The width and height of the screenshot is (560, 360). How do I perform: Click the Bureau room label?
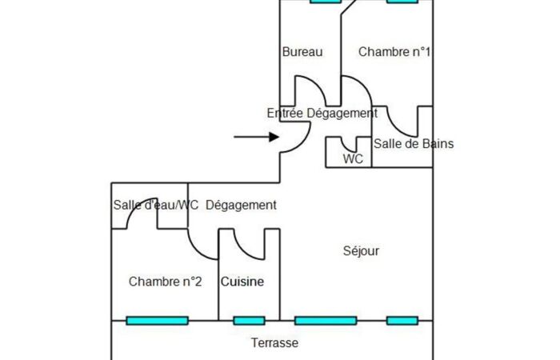(x=302, y=52)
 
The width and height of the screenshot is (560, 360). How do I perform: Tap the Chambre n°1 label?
(x=394, y=52)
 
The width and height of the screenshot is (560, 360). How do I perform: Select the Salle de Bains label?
(x=414, y=143)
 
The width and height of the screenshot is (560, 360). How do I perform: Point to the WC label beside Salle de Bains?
(x=353, y=159)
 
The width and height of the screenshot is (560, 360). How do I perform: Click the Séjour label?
(x=361, y=250)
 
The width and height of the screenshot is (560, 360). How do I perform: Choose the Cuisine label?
(x=242, y=282)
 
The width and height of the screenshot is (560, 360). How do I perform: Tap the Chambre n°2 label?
(x=165, y=282)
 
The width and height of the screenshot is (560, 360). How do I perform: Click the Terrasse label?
(x=274, y=343)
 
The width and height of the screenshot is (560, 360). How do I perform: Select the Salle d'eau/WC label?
(x=156, y=205)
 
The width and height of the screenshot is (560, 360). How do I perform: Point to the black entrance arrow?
(x=257, y=137)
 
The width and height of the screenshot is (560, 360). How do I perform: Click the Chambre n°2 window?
(x=157, y=321)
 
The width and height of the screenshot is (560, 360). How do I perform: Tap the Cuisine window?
(x=249, y=321)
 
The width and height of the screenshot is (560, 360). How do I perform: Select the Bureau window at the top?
(x=326, y=1)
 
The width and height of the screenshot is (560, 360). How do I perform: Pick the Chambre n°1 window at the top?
(x=402, y=1)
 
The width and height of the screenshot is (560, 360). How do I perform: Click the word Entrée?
(x=285, y=114)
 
